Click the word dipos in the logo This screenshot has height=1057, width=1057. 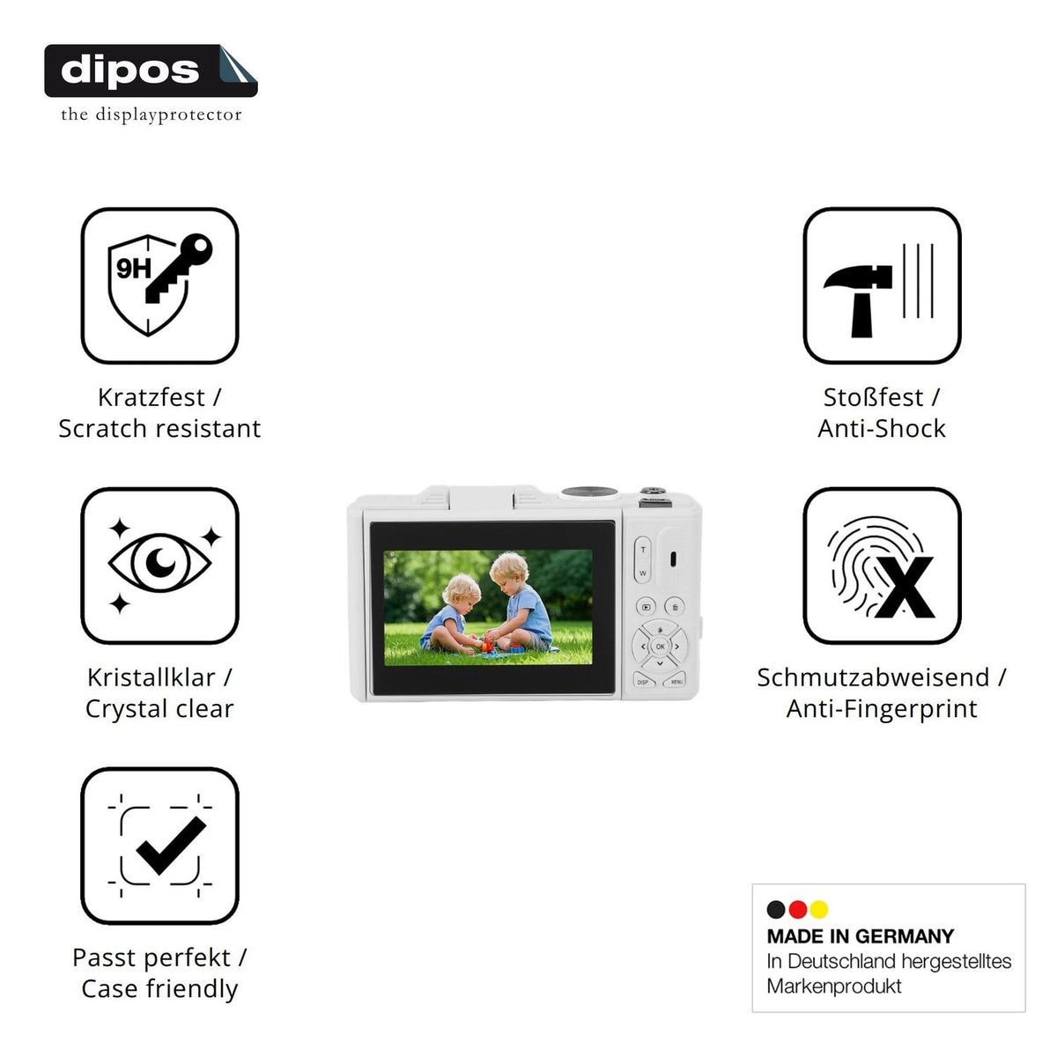click(x=129, y=70)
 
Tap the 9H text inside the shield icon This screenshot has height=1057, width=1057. click(x=133, y=269)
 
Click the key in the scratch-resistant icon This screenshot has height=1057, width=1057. click(x=179, y=268)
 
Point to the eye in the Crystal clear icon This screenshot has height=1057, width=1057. click(x=159, y=564)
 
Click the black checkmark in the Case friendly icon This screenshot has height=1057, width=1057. click(x=171, y=846)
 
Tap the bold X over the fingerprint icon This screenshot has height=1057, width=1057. click(x=904, y=587)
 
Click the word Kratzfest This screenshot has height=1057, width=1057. click(x=152, y=397)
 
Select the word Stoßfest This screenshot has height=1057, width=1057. click(x=873, y=397)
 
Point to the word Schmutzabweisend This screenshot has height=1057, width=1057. click(x=873, y=677)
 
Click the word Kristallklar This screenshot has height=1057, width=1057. click(x=152, y=677)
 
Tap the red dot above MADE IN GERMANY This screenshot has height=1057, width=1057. click(x=797, y=909)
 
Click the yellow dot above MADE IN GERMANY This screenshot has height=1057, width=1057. click(x=819, y=909)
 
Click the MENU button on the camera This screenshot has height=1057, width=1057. click(x=675, y=681)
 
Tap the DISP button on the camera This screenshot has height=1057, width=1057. click(x=644, y=681)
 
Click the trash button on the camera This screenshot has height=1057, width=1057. click(x=675, y=607)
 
